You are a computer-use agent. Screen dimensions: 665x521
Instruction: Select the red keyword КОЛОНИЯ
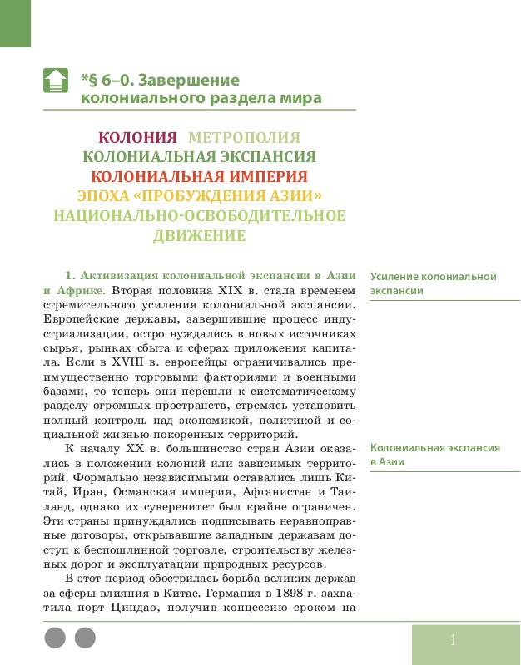[138, 137]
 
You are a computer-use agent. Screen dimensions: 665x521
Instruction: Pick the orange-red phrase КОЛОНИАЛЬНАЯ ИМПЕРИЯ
[199, 176]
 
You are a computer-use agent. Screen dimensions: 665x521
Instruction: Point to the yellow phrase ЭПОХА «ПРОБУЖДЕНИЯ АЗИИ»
[199, 196]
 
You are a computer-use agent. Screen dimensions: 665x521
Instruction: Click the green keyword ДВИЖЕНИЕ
[199, 235]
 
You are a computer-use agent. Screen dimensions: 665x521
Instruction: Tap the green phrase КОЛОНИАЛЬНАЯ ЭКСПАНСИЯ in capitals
[199, 156]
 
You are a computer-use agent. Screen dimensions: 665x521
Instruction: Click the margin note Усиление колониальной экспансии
[433, 283]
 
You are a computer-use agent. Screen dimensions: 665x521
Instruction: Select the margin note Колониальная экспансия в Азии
[434, 455]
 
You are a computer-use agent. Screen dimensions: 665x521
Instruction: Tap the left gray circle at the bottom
[54, 638]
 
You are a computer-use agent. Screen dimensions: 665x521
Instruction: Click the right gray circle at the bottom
[85, 638]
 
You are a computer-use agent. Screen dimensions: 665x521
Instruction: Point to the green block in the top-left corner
[15, 22]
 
